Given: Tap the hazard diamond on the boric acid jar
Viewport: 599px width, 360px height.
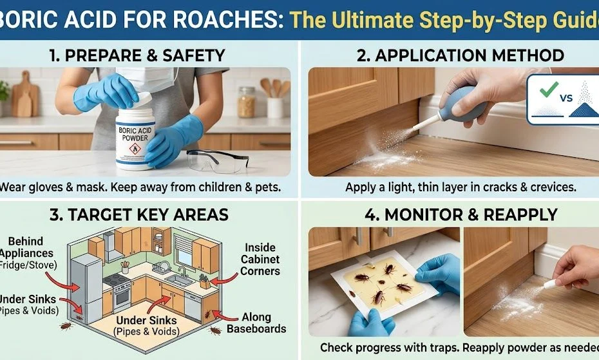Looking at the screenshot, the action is [x=135, y=148].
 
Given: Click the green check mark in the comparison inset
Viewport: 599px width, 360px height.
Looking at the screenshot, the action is [x=548, y=89].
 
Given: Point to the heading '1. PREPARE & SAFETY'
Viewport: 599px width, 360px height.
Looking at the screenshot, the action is [x=137, y=55].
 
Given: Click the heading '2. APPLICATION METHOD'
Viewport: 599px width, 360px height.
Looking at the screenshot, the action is [x=461, y=55].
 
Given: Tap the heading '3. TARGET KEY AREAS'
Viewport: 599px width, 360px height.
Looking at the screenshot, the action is [x=139, y=215].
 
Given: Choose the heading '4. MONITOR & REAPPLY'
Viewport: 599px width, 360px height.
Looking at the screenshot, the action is [x=461, y=215].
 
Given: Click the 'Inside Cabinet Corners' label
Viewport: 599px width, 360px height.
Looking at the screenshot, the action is [x=260, y=259].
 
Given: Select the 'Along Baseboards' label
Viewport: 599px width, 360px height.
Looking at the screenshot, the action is [x=256, y=323].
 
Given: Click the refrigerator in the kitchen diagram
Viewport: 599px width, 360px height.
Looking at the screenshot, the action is [x=86, y=287].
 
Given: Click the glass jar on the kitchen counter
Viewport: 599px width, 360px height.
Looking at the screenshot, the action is [x=247, y=102].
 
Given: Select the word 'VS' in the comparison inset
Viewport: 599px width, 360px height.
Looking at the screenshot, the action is [x=566, y=99].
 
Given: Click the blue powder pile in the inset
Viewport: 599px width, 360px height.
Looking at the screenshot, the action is [x=584, y=109].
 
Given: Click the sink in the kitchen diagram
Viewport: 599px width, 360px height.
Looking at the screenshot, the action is [x=178, y=279].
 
